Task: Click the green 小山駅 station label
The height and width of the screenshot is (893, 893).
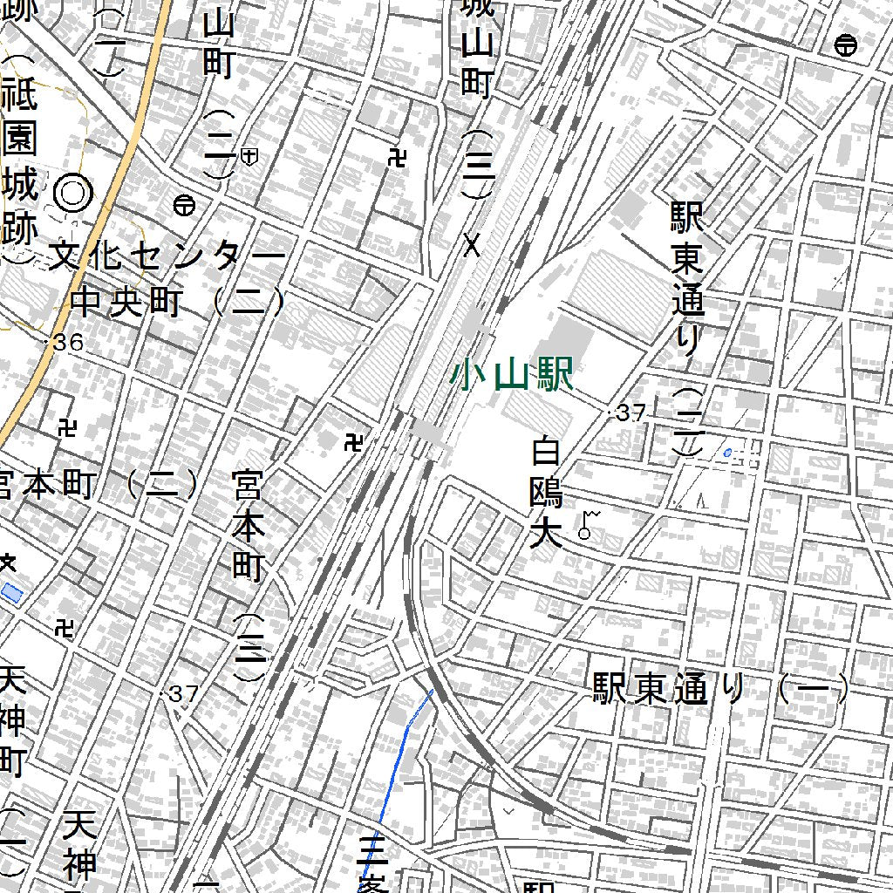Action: [511, 377]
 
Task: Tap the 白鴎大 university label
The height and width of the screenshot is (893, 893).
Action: [547, 494]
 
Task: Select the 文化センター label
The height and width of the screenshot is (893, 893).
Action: [167, 256]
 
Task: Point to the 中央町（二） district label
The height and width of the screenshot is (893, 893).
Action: [179, 303]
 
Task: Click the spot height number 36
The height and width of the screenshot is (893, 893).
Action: [67, 343]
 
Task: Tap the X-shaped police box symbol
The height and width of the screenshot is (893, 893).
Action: [473, 245]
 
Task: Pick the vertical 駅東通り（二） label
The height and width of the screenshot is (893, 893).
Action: [687, 328]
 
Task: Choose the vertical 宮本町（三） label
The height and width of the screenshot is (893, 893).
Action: [249, 576]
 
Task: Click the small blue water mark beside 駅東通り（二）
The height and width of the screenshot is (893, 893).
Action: [727, 452]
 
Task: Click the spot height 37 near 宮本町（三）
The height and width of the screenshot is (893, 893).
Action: [183, 694]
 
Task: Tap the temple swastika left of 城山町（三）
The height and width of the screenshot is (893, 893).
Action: [399, 158]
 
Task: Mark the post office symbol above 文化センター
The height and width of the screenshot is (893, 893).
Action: [184, 205]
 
